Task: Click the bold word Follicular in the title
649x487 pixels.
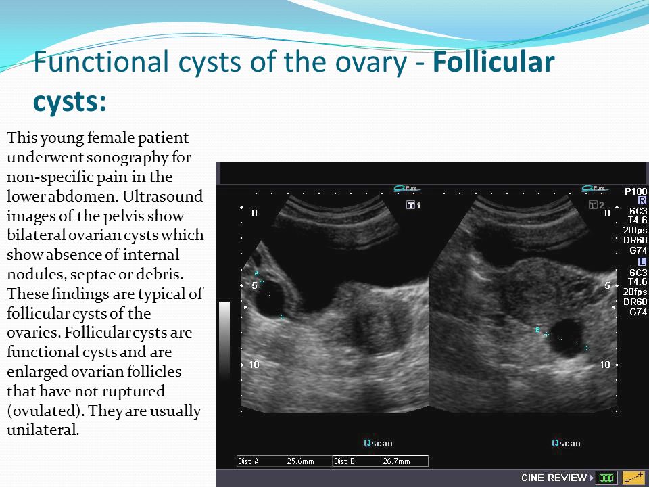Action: point(494,62)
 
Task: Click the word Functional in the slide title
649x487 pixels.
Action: point(101,62)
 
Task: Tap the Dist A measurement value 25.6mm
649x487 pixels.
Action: point(300,461)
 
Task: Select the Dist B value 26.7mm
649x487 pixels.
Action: point(396,461)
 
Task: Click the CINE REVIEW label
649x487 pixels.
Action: point(554,478)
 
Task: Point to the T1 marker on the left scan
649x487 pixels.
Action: point(414,205)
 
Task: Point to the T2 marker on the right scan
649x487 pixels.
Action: point(596,205)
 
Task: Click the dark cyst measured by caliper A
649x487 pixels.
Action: point(270,299)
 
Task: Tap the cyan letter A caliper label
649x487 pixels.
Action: point(256,273)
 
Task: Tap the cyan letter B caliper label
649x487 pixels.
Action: point(537,330)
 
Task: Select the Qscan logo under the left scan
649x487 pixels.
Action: point(378,443)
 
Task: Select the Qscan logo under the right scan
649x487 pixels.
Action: point(566,443)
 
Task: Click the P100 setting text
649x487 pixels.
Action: point(635,191)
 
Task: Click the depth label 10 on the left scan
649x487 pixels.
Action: point(254,365)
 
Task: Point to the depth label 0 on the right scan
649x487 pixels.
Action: point(607,213)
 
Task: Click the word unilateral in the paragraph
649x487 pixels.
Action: point(42,430)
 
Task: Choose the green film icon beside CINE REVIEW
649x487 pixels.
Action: point(606,478)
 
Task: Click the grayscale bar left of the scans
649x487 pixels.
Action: point(224,340)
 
